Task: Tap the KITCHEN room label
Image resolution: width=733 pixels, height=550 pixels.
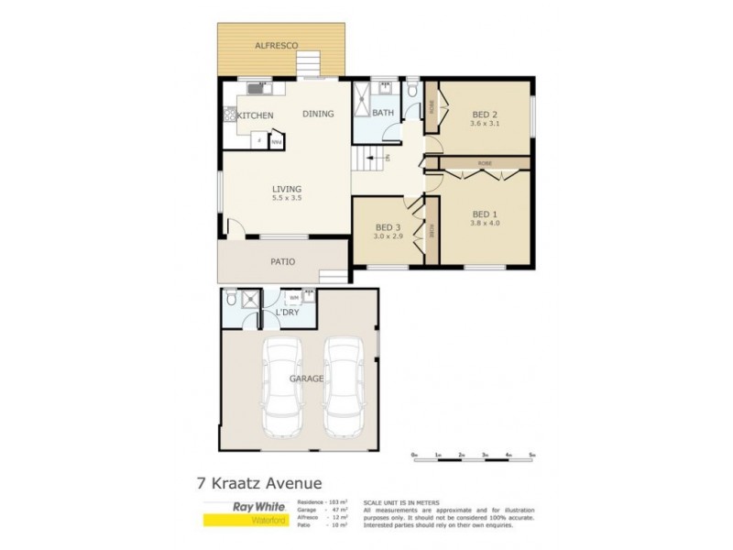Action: pos(256,115)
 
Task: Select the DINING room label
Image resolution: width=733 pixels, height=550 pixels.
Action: pos(318,114)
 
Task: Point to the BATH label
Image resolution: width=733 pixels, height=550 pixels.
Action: pos(382,114)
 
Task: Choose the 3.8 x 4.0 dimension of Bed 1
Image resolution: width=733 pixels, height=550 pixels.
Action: pos(485,222)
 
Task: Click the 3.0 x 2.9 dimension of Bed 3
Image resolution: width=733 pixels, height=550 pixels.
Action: pos(388,236)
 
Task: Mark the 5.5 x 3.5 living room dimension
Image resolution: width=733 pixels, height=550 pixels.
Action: pos(287,198)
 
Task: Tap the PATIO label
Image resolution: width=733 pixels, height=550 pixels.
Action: pos(283,262)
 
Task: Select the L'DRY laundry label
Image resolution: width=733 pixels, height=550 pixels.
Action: pos(288,313)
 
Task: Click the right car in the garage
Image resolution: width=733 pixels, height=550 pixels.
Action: pos(344,387)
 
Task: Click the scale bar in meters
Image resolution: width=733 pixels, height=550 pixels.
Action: pos(474,455)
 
